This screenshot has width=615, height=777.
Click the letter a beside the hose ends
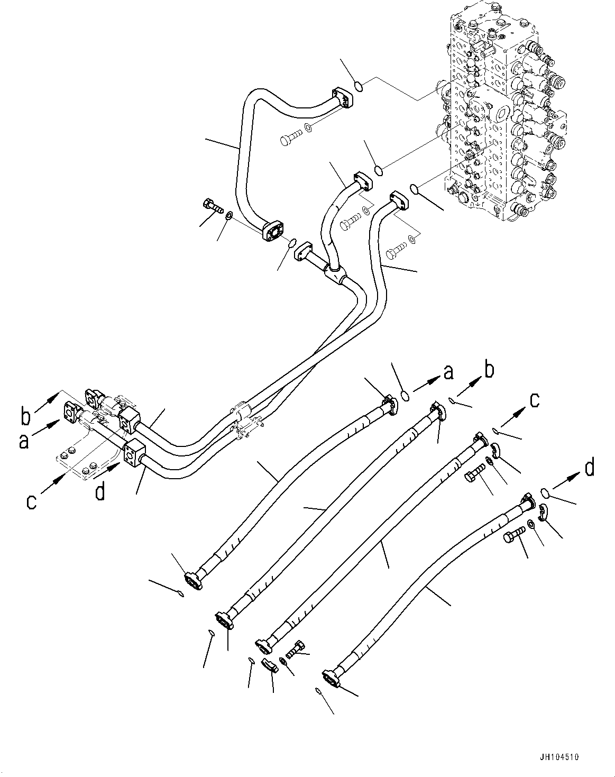click(448, 373)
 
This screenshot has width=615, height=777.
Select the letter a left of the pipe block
click(23, 440)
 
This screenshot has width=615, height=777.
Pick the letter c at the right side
click(535, 400)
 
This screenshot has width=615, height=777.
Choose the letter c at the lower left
click(32, 501)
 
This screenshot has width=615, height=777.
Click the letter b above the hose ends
click(489, 371)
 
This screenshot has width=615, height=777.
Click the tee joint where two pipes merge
click(334, 274)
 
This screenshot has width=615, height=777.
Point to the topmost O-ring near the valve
click(358, 86)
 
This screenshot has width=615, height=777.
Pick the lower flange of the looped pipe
click(273, 231)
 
